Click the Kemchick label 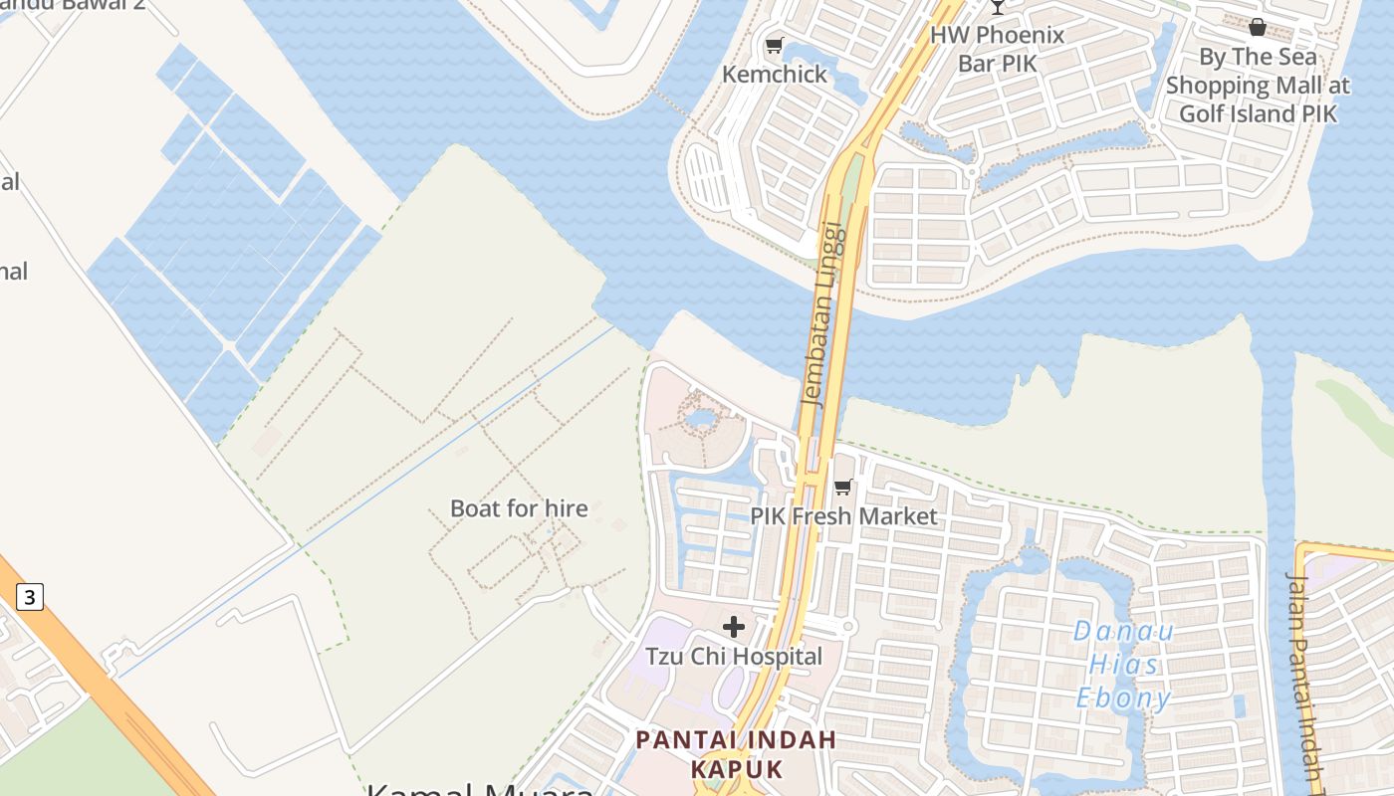pos(775,75)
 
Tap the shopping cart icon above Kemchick pos(774,46)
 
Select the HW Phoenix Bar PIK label pos(997,49)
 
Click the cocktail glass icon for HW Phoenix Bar pos(997,7)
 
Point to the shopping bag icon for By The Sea pos(1258,27)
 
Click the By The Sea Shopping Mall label pos(1258,86)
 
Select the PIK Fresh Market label pos(843,516)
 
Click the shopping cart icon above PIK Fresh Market pos(843,487)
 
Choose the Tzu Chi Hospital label pos(734,657)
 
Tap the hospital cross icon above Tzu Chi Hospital pos(734,627)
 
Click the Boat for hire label pos(519,508)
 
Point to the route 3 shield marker pos(30,597)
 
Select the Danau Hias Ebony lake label pos(1124,664)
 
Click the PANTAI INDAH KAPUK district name pos(736,754)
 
